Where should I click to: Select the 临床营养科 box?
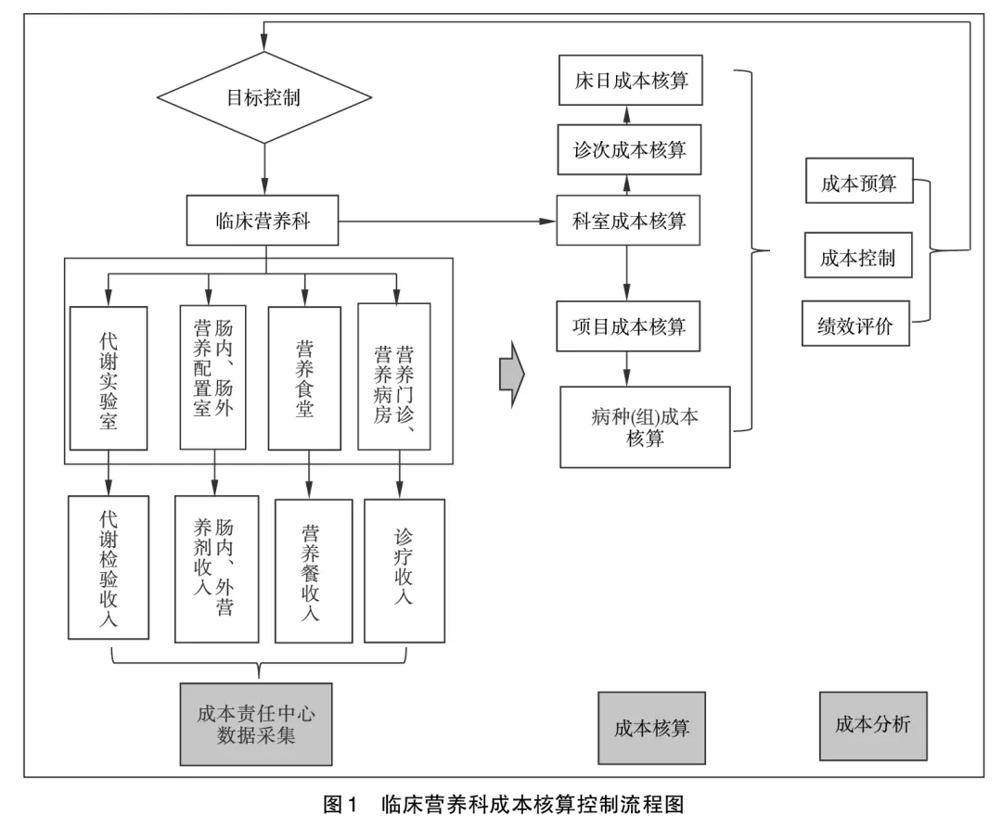(x=263, y=221)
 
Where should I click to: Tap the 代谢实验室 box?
(x=109, y=378)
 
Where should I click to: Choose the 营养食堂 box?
(x=304, y=378)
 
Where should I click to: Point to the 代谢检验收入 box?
(x=109, y=567)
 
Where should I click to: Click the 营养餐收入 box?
(x=313, y=571)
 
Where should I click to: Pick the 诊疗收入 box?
(x=404, y=570)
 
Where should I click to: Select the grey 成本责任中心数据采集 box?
(x=256, y=725)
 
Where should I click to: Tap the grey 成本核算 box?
(x=651, y=728)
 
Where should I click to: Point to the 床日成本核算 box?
(x=631, y=80)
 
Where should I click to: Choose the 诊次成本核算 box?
(x=629, y=149)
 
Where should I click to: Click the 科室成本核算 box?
(x=628, y=221)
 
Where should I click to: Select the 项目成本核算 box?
(x=628, y=326)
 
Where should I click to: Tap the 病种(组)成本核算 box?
(x=645, y=427)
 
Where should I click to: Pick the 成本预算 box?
(x=858, y=183)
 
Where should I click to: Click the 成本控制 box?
(x=858, y=256)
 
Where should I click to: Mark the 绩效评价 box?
(x=855, y=325)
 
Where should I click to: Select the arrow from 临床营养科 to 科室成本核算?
(x=445, y=222)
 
